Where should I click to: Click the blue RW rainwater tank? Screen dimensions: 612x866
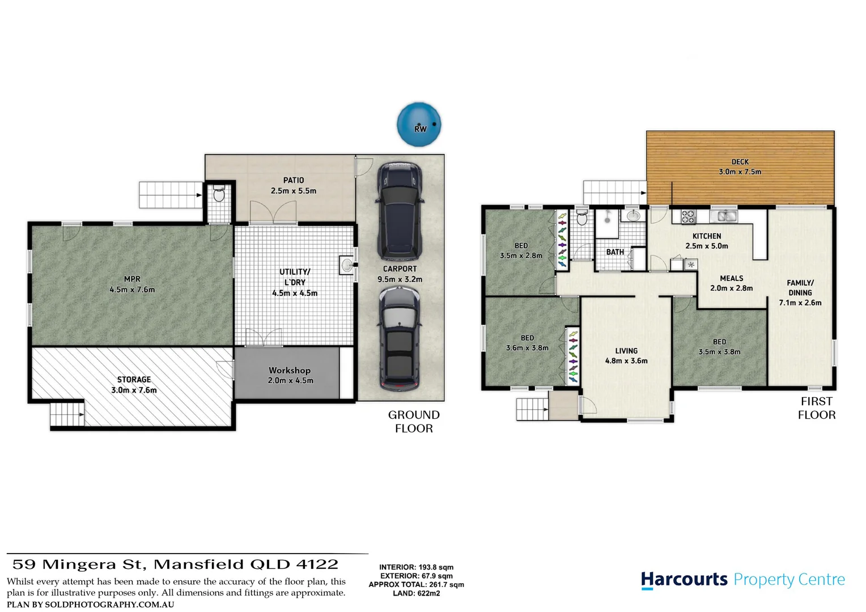(x=419, y=125)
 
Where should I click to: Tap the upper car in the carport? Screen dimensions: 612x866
(x=400, y=209)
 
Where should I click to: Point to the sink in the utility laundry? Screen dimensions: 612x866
(x=346, y=265)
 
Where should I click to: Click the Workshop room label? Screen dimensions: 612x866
(x=290, y=370)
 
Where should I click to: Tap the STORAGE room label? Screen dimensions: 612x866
(x=134, y=379)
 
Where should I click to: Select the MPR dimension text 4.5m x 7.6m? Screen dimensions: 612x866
(x=132, y=290)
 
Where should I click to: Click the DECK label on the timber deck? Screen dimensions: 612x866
(x=740, y=161)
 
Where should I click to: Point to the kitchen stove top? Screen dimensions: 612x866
(x=687, y=216)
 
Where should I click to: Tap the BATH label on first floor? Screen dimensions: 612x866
(x=615, y=252)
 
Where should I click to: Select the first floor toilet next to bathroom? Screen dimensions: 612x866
(x=581, y=218)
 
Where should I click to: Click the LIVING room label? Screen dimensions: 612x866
(x=626, y=351)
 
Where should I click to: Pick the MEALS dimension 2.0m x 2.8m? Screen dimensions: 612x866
(x=731, y=288)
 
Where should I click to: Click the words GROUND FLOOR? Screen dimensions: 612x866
(x=414, y=422)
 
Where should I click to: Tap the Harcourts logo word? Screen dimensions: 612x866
(x=684, y=580)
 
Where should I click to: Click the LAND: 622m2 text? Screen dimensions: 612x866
(x=416, y=593)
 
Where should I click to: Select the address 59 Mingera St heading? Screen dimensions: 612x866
(x=176, y=564)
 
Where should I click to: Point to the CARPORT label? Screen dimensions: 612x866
(x=400, y=269)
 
